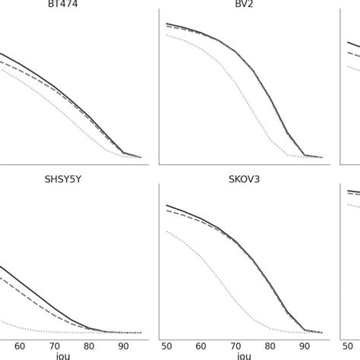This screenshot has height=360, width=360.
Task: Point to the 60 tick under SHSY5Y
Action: tap(21, 346)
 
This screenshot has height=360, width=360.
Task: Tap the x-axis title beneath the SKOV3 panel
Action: tap(244, 355)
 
